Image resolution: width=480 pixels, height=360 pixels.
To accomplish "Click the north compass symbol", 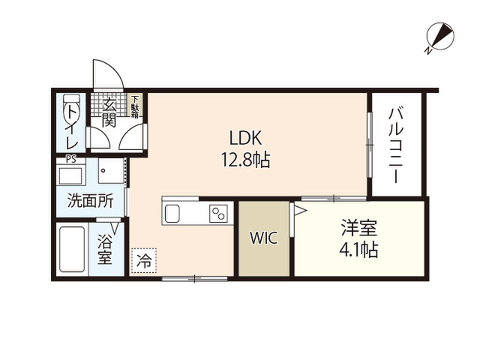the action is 440,37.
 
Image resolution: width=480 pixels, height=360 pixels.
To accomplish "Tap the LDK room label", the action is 245,138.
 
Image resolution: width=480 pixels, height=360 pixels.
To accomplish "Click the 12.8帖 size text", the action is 245,160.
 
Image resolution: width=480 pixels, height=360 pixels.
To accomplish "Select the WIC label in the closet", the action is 263,238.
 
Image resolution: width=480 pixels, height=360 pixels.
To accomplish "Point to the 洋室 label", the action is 358,228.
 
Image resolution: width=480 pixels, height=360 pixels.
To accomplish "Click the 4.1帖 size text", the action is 358,250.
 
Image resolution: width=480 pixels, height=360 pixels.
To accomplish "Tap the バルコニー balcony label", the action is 396,145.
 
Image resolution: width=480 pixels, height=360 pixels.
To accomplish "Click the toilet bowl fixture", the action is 71,108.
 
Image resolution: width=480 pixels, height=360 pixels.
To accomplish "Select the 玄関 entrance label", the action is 109,112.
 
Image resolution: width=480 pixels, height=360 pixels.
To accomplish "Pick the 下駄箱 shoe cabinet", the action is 135,106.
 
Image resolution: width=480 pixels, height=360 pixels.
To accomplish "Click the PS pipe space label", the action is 71,160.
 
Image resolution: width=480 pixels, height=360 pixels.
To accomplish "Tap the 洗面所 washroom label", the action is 90,201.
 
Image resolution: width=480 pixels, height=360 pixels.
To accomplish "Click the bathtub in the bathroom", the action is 72,249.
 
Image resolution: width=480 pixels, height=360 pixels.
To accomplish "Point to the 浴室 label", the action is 105,249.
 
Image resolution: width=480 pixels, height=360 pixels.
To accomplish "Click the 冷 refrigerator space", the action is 144,260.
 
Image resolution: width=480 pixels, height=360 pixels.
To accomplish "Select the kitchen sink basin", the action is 172,213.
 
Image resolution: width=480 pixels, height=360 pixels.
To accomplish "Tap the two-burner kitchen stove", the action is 218,213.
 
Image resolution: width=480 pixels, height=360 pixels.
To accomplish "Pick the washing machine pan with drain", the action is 111,171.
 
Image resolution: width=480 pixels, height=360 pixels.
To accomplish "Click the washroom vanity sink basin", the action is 70,175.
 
